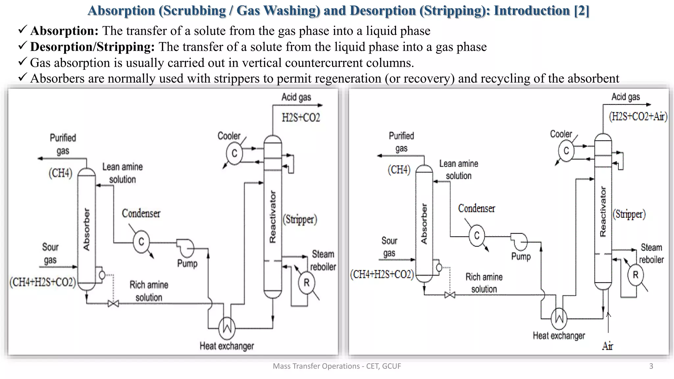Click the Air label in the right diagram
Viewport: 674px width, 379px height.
(608, 346)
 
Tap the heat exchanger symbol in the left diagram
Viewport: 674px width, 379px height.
(227, 328)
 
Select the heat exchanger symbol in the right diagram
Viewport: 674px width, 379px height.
(559, 318)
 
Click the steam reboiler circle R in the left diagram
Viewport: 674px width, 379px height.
(306, 283)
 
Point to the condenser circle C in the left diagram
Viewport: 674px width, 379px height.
(141, 242)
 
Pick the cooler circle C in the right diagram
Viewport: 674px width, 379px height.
(566, 151)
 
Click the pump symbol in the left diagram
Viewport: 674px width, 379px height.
(186, 247)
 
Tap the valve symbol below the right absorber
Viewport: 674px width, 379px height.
(450, 295)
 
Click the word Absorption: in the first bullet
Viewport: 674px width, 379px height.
(65, 31)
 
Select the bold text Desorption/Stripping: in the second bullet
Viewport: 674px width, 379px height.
(92, 47)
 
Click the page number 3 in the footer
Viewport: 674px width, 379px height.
(651, 366)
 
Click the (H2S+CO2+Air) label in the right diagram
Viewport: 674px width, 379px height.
(638, 116)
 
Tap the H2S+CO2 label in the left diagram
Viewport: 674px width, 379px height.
(301, 117)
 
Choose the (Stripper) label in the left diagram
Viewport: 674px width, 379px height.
(300, 219)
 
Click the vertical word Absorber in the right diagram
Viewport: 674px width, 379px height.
(424, 224)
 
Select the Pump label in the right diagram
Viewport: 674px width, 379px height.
(521, 256)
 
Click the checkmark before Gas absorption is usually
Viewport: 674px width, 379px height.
(22, 62)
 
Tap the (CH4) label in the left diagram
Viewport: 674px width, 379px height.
(60, 173)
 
